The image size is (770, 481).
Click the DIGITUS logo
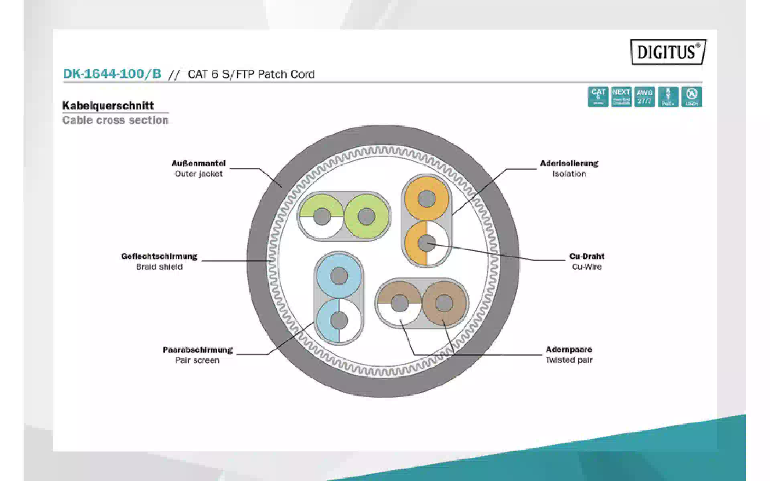[x=668, y=52]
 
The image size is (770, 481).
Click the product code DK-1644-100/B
[x=112, y=74]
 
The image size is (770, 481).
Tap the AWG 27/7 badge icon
[x=644, y=97]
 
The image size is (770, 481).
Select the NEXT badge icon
[x=621, y=97]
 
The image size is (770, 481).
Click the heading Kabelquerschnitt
[x=108, y=106]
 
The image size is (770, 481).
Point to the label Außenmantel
[x=199, y=164]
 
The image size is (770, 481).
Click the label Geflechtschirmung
[x=159, y=257]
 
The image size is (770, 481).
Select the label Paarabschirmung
[x=197, y=350]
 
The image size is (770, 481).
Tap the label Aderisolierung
[x=569, y=164]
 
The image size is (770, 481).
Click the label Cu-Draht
[x=587, y=257]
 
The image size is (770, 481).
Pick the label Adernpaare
[x=569, y=350]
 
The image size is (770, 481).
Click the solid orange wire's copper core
[x=426, y=198]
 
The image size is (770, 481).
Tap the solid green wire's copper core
[x=366, y=217]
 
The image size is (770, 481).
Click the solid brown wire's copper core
[x=444, y=303]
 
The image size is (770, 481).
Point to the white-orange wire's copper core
[x=426, y=243]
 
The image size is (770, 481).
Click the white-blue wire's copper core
[x=339, y=320]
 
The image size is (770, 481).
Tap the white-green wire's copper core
[x=322, y=217]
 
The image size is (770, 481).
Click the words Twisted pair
[x=569, y=360]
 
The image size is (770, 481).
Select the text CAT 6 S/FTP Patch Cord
[x=251, y=74]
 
